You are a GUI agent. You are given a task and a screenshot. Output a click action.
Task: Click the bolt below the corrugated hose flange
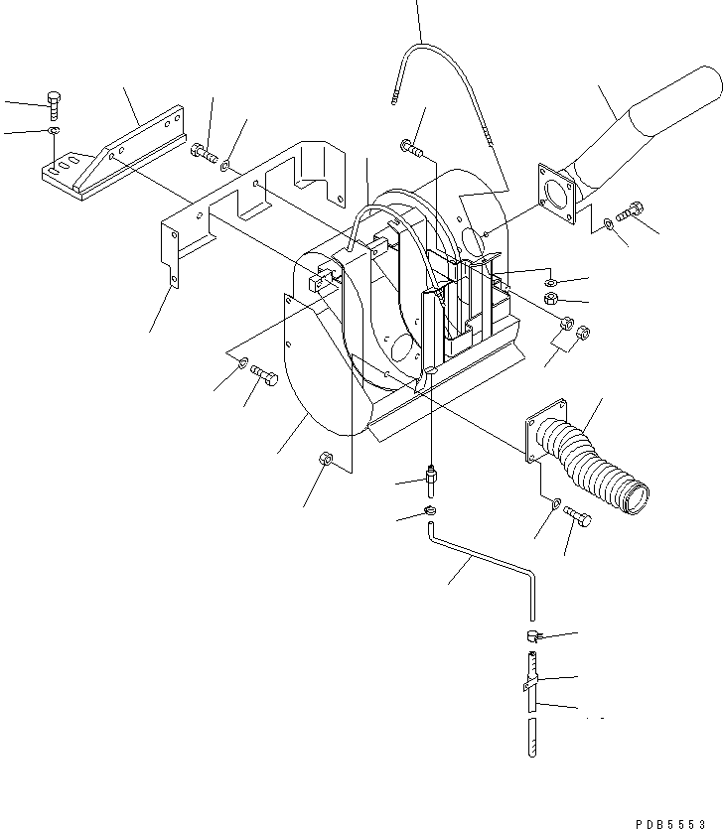click(x=577, y=516)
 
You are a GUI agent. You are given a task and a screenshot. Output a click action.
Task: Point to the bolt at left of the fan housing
click(x=263, y=375)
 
